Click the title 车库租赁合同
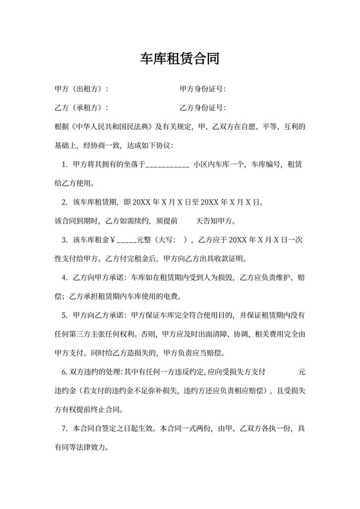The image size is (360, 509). point(180,60)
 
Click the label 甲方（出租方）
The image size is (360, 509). point(81,89)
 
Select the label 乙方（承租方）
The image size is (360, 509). point(81,107)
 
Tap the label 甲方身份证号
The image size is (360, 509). point(202,89)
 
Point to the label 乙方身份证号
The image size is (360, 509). point(202,107)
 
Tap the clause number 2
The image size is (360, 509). point(64,202)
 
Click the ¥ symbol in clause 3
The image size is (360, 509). point(112,240)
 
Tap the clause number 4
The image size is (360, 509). point(64,278)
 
